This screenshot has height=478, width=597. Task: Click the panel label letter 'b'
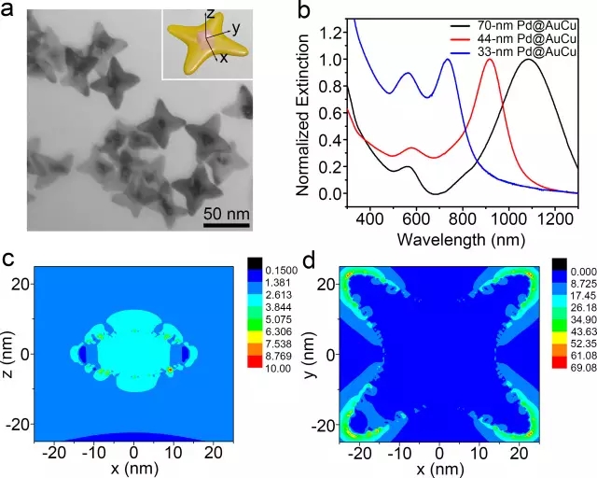pos(303,11)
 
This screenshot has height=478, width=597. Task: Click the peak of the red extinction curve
pos(488,60)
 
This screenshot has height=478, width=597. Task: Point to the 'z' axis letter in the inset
pos(211,14)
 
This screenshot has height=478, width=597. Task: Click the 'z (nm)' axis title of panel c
pos(11,356)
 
